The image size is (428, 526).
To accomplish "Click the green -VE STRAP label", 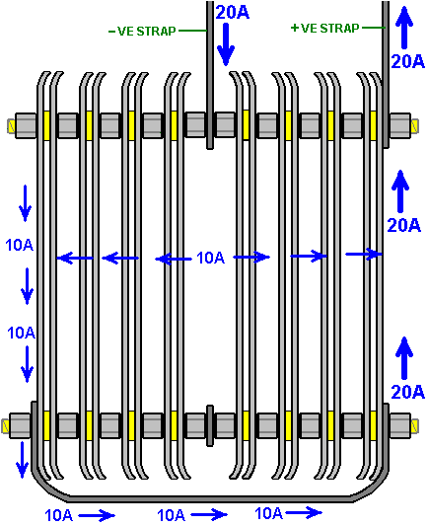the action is [x=142, y=32].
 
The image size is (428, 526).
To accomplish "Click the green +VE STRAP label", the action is [x=325, y=29].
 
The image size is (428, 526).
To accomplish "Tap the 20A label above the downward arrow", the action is [x=233, y=13].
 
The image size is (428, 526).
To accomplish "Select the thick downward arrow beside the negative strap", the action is [x=226, y=44].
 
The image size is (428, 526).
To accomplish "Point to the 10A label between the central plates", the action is [x=210, y=258].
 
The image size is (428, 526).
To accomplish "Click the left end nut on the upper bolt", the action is [x=26, y=125].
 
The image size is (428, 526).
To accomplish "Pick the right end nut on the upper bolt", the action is [x=399, y=125].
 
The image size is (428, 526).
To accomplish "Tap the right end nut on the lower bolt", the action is [x=399, y=425].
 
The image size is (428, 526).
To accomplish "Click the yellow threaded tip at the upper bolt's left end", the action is [x=11, y=125].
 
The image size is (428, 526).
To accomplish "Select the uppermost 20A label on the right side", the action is [x=407, y=61].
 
